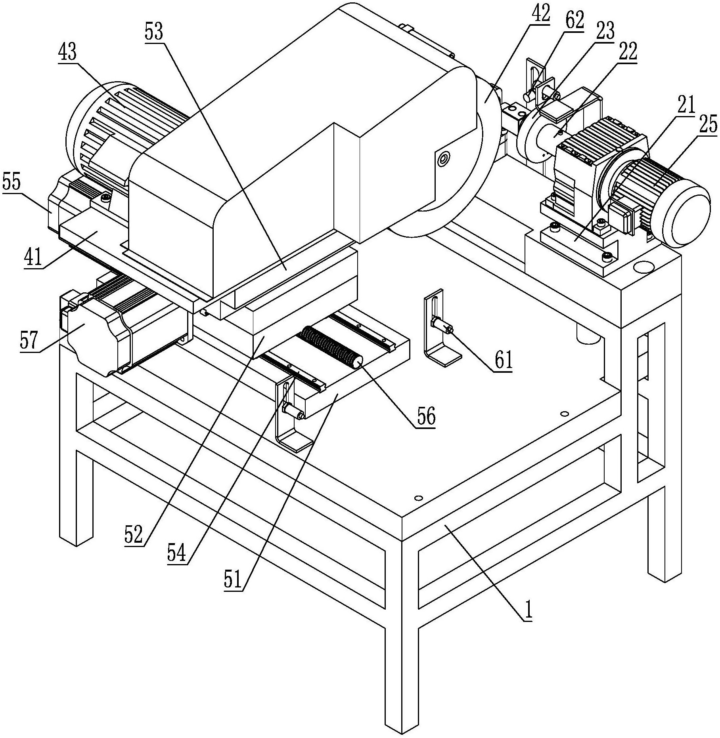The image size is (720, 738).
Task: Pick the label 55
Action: coord(12,183)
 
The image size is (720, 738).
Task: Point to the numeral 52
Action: coord(134,535)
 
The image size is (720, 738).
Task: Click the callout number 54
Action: coord(176,553)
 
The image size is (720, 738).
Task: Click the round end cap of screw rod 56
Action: coord(358,363)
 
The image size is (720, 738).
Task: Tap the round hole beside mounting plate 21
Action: coord(643,266)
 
